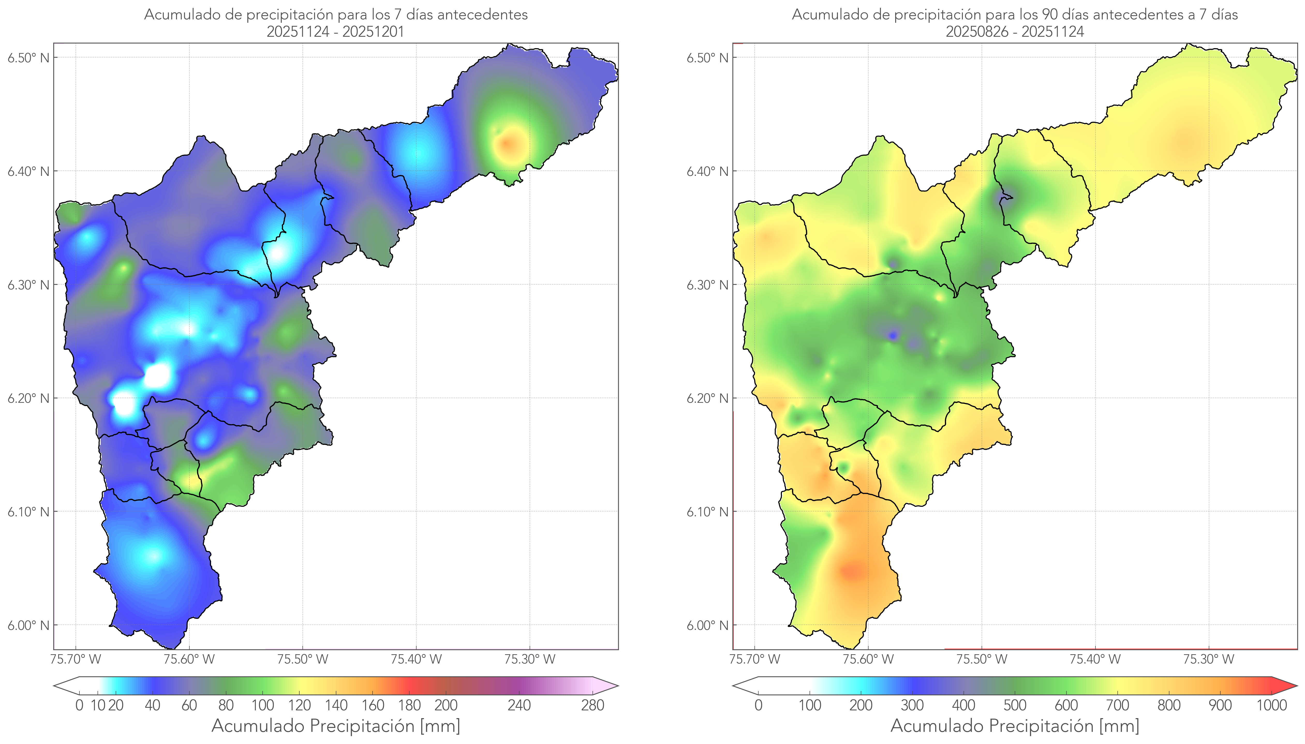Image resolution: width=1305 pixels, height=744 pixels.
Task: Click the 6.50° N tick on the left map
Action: [29, 57]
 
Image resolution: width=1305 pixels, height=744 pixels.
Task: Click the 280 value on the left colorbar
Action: [593, 705]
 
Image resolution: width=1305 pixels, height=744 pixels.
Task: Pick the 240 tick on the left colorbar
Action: [519, 705]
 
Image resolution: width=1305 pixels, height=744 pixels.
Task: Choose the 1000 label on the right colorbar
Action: [1271, 705]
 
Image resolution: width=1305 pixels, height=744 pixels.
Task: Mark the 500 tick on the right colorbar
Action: [1015, 705]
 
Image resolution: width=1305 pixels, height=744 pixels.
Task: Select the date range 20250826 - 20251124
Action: [1015, 32]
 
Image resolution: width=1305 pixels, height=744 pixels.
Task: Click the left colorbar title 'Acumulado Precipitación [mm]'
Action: [336, 726]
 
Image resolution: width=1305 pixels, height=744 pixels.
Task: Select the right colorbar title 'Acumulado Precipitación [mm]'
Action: [1015, 726]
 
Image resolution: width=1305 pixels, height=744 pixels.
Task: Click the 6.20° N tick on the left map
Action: [29, 398]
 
